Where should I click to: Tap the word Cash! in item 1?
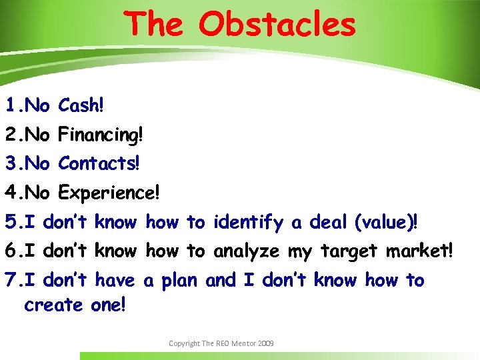81,105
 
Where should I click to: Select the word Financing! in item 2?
100,135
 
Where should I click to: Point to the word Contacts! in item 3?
99,163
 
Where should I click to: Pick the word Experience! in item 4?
109,193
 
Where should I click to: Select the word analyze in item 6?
247,252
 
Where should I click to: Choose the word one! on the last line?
109,305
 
